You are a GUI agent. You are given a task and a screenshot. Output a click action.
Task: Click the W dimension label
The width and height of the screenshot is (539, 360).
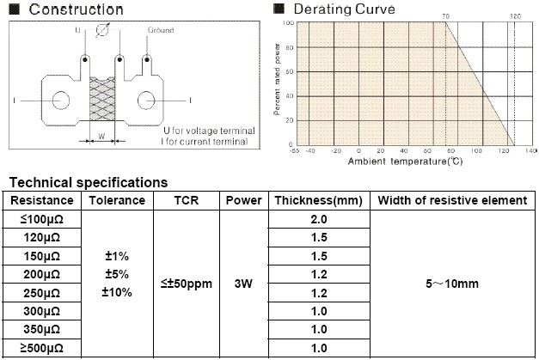102,135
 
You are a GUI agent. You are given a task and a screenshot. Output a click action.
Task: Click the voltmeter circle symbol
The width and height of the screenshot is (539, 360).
102,30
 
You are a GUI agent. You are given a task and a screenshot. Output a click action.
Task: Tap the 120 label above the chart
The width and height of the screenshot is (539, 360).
515,16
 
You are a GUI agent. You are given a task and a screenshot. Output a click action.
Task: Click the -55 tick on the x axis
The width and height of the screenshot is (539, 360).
296,150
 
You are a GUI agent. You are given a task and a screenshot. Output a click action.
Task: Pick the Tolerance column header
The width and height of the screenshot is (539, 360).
118,200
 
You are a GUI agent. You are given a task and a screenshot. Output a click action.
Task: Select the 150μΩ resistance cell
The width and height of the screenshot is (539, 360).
41,257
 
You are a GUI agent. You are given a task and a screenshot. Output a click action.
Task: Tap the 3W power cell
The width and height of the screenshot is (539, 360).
244,284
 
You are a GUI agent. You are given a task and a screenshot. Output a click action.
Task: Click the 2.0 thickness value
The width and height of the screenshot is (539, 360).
319,219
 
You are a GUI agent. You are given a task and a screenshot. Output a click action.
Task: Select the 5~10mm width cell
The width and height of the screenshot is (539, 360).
451,284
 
